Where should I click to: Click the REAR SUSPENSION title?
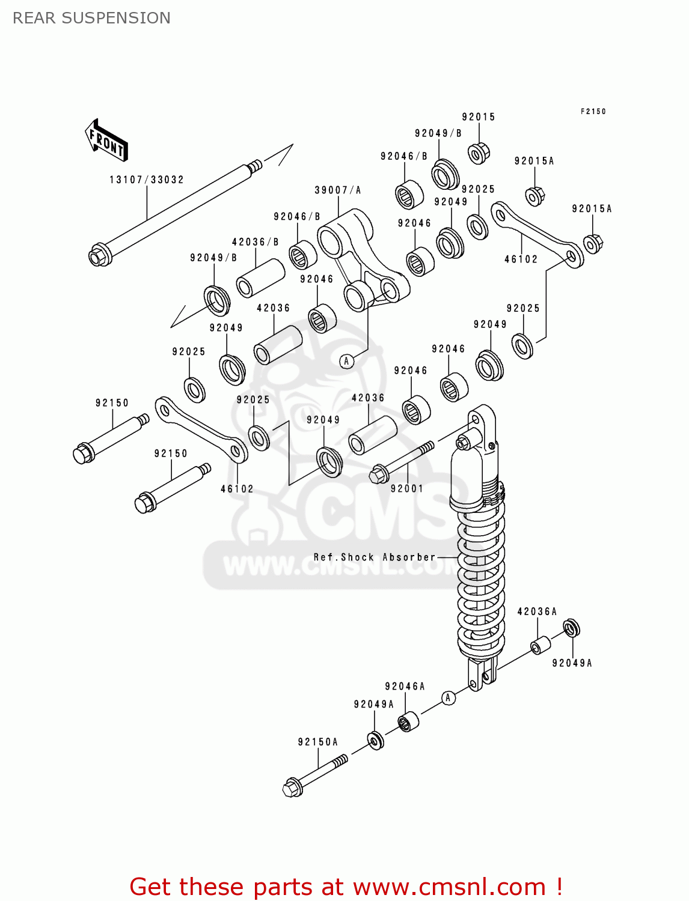[91, 18]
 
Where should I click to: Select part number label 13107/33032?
[146, 180]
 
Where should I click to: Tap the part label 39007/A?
[338, 190]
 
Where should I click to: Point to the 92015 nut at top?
[478, 153]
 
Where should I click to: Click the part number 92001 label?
[407, 488]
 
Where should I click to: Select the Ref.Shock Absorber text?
[374, 557]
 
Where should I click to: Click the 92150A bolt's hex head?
[292, 787]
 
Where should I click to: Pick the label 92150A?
[318, 742]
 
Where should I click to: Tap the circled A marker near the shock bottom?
[448, 698]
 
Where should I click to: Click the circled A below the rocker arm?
[346, 361]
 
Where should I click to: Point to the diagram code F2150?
[593, 111]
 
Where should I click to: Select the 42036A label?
[537, 611]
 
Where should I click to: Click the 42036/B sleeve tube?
[260, 278]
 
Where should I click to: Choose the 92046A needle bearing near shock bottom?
[408, 721]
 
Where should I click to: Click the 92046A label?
[405, 687]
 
